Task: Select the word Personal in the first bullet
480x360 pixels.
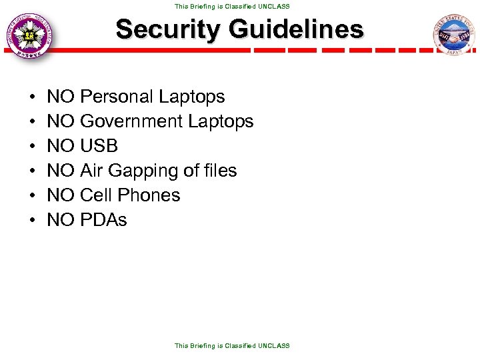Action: [117, 97]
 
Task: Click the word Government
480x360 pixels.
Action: [131, 121]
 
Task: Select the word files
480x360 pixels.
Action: [219, 171]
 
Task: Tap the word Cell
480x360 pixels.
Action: [95, 195]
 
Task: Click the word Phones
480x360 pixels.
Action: [149, 195]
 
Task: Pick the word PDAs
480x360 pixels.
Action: [103, 220]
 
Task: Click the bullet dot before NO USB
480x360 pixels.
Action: [33, 147]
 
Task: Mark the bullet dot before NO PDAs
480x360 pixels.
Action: [33, 221]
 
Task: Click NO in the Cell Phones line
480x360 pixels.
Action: [61, 195]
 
